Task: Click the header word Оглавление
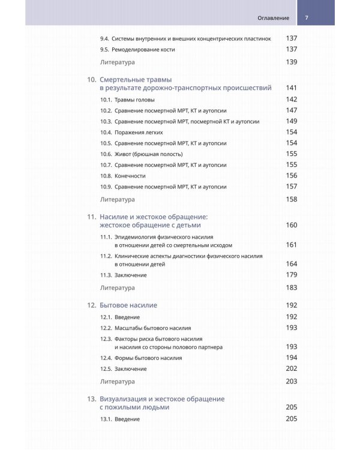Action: tap(273, 17)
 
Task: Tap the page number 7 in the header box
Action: tap(307, 17)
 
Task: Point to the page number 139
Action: tap(292, 62)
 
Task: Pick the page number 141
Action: tap(292, 88)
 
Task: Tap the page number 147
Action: tap(292, 110)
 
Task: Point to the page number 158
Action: tap(292, 199)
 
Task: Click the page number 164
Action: tap(292, 264)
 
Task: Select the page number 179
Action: tap(292, 275)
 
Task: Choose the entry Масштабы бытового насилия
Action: tap(153, 328)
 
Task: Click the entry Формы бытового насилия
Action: tap(148, 358)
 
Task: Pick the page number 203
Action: tap(292, 382)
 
